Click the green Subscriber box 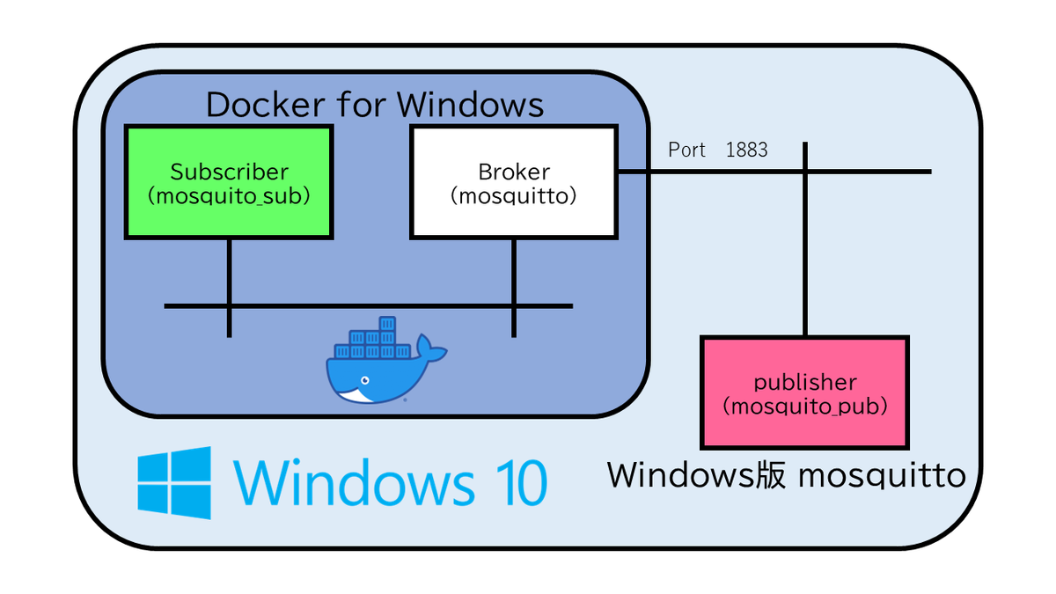pos(229,182)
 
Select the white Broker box pos(514,182)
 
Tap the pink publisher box pos(804,392)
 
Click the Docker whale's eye pos(365,380)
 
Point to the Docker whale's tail pos(430,348)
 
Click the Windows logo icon pos(174,483)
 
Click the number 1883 pos(747,150)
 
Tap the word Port pos(686,150)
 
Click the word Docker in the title pos(266,104)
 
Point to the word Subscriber pos(229,172)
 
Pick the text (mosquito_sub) pos(229,195)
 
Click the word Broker pos(514,172)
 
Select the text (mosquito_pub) pos(804,407)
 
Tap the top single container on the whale pos(387,324)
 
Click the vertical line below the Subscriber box pos(229,289)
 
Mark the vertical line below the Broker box pos(514,289)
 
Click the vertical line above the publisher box pos(804,239)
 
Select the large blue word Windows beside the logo pos(354,482)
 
